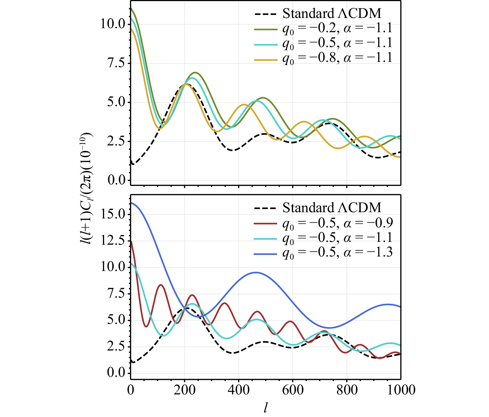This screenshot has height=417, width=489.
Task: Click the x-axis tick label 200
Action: point(184,390)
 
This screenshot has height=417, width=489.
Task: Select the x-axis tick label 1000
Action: point(401,390)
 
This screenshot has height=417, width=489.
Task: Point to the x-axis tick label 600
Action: point(293,390)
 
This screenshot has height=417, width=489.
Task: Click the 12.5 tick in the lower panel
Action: point(113,241)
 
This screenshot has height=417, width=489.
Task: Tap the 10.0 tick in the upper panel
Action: point(113,24)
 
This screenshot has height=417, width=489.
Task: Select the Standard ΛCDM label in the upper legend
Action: point(332,14)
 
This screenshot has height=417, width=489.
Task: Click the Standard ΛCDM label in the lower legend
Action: point(332,208)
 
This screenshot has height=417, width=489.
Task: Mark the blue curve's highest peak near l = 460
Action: point(256,273)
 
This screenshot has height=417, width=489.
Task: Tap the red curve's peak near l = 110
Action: point(161,285)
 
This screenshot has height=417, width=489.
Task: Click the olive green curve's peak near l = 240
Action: point(195,73)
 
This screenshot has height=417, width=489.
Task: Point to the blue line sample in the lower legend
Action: point(265,254)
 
